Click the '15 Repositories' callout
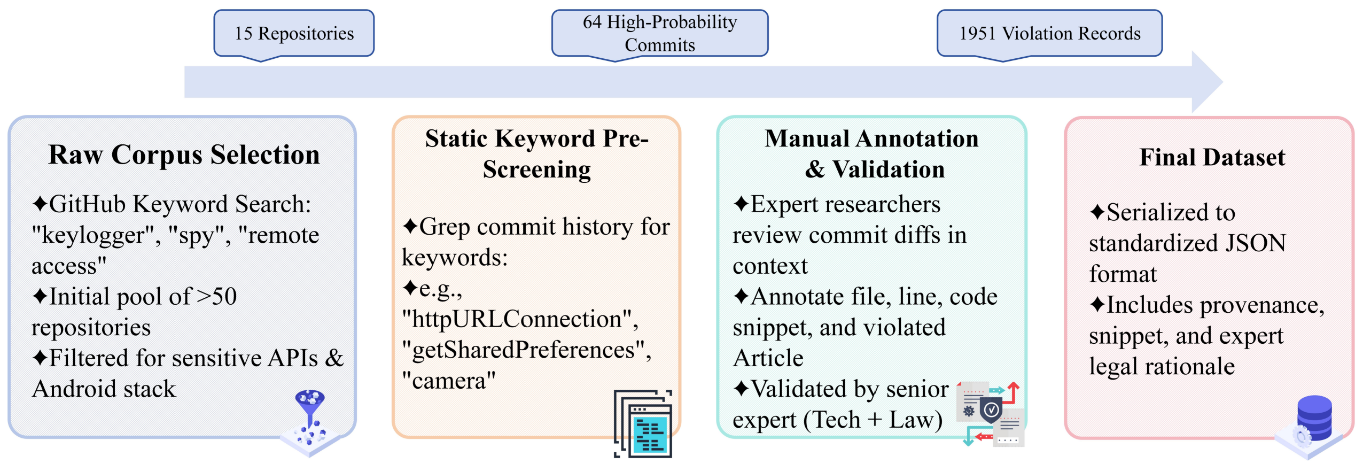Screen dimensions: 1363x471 (x=294, y=33)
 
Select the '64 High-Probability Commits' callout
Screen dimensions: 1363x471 (x=660, y=33)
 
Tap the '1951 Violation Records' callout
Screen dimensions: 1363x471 (x=1049, y=33)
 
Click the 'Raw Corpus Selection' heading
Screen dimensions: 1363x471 (x=184, y=155)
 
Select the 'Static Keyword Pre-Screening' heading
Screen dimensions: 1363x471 (x=536, y=153)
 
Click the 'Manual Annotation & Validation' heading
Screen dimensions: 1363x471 (x=872, y=153)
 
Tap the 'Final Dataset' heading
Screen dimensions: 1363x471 (x=1212, y=157)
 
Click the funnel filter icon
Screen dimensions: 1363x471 (x=310, y=422)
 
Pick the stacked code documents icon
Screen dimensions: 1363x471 (x=643, y=423)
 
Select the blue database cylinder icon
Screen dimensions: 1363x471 (x=1314, y=418)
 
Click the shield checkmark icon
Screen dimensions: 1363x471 (x=991, y=411)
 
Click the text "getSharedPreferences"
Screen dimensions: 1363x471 (x=527, y=350)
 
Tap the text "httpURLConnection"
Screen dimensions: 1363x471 (x=520, y=319)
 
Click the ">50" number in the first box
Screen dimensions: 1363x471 (x=217, y=297)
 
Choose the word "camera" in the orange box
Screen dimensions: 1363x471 (x=449, y=381)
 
